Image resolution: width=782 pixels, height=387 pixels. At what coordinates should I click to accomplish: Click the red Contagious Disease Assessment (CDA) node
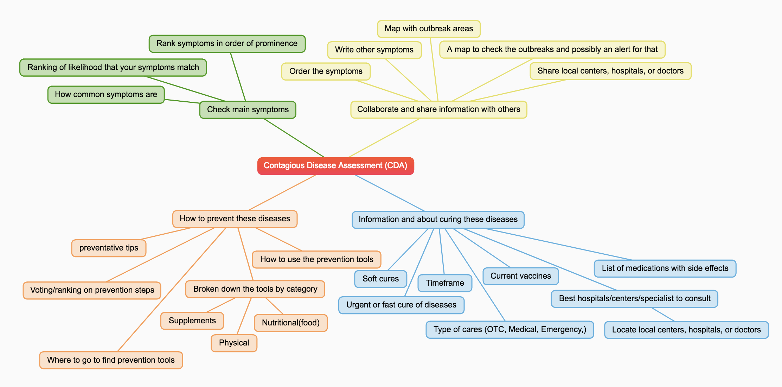(335, 166)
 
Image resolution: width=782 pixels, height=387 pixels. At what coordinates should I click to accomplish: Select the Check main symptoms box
(248, 110)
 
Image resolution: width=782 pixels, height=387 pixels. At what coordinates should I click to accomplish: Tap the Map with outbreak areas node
(429, 29)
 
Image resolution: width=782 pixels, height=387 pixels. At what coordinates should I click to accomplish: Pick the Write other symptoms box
(374, 50)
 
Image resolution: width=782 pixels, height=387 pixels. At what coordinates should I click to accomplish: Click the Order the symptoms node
(326, 71)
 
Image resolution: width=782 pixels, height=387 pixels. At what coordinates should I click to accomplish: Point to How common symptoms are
(106, 95)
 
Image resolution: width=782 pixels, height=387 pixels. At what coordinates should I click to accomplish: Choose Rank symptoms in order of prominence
(227, 44)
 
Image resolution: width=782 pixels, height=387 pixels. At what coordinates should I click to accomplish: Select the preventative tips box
(109, 248)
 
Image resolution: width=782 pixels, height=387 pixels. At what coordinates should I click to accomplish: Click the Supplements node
(192, 321)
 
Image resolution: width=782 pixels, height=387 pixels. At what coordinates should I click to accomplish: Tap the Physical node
(234, 343)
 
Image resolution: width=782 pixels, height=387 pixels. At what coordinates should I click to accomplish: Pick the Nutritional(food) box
(290, 323)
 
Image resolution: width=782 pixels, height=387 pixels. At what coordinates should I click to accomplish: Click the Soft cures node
(380, 279)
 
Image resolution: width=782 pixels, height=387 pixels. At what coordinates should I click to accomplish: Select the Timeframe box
(445, 283)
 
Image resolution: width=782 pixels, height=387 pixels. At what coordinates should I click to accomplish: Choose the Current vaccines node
(520, 276)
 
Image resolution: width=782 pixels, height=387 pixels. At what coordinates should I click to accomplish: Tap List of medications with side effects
(665, 268)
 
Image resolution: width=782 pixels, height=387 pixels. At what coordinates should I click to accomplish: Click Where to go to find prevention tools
(111, 360)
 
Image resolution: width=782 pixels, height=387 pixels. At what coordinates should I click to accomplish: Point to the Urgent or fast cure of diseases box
(401, 305)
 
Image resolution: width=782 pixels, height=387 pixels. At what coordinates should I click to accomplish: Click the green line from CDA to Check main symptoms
(294, 138)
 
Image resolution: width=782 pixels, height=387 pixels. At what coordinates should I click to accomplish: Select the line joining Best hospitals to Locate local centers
(663, 315)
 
